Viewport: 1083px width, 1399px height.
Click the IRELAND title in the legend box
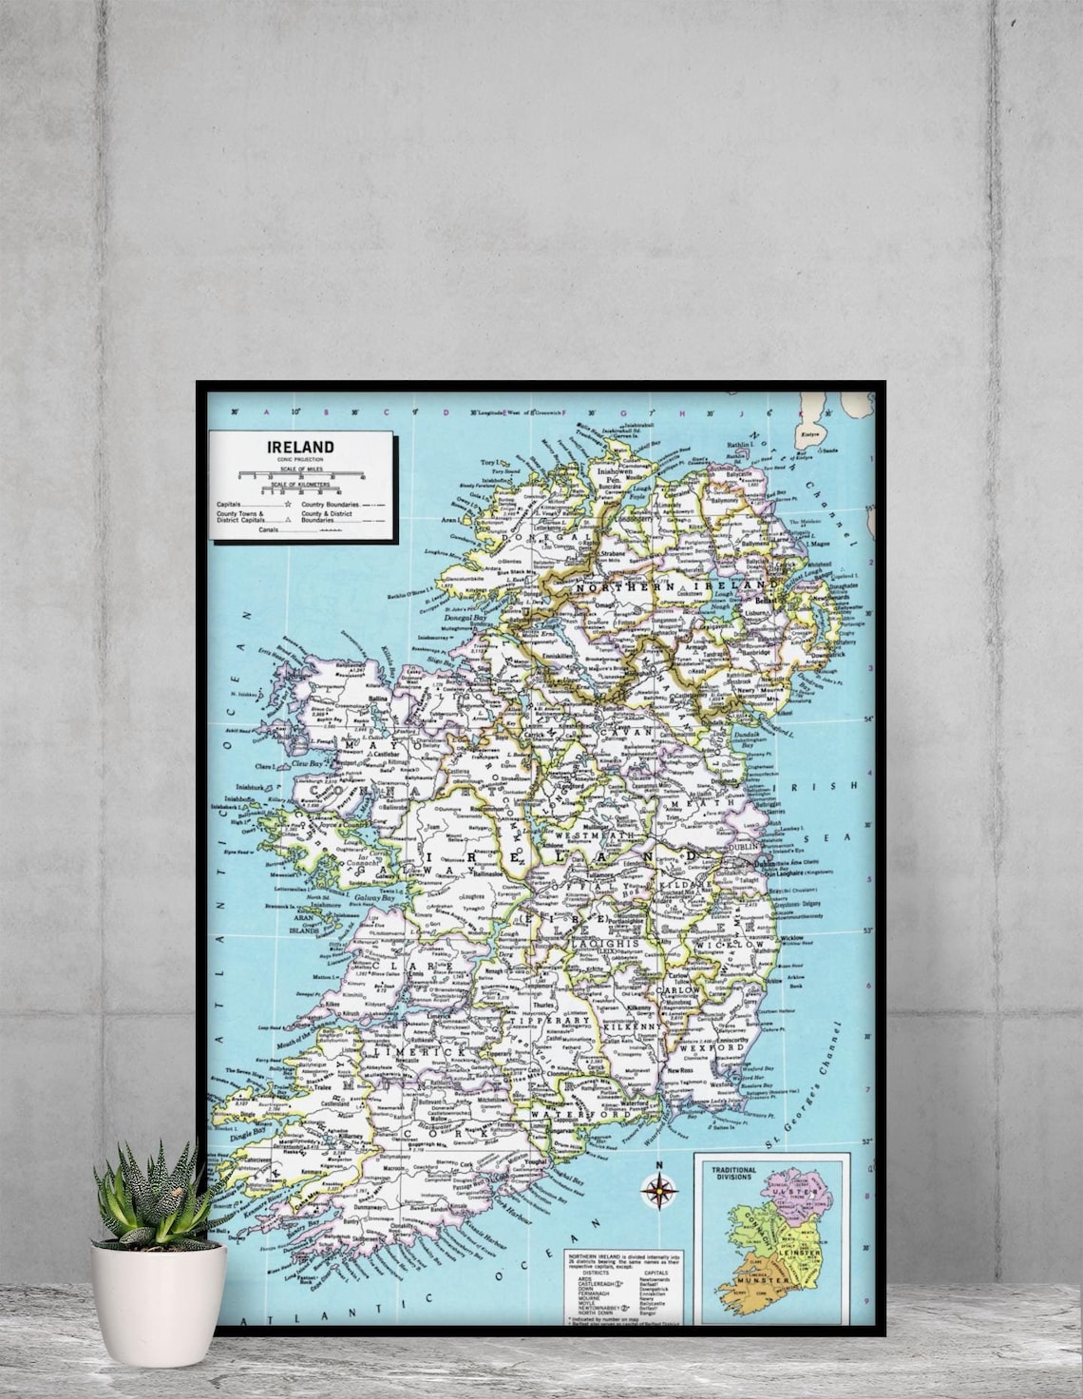click(x=300, y=447)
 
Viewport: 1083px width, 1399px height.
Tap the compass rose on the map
click(x=657, y=1188)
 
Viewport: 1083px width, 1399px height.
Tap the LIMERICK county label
click(x=433, y=1053)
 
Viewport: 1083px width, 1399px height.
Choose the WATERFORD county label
click(x=568, y=1113)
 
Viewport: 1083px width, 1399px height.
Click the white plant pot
click(x=159, y=1302)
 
